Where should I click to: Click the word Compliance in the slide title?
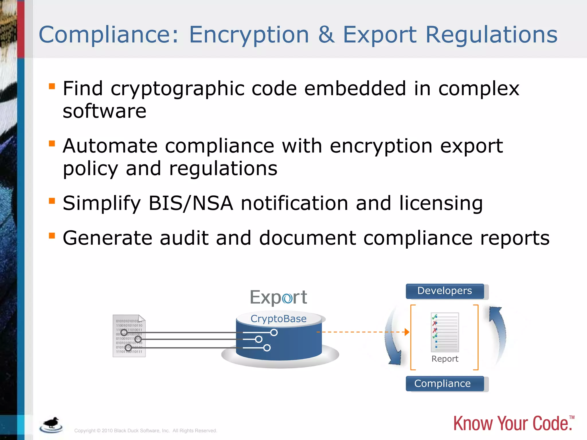coord(108,35)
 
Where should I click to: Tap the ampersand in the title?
coord(326,35)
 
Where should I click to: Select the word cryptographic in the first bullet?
coord(178,89)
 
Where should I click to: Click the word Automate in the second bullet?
coord(110,146)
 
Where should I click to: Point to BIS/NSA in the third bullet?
coord(191,203)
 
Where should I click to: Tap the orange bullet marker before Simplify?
coord(52,201)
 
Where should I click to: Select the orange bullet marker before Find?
coord(52,86)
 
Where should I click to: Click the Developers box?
coord(445,291)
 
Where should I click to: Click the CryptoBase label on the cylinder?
coord(278,319)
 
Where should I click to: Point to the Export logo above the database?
coord(278,297)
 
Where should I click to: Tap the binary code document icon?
coord(129,336)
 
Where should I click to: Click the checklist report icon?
coord(445,332)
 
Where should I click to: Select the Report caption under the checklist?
coord(445,359)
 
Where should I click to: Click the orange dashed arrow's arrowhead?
coord(407,332)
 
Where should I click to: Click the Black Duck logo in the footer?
coord(51,425)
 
